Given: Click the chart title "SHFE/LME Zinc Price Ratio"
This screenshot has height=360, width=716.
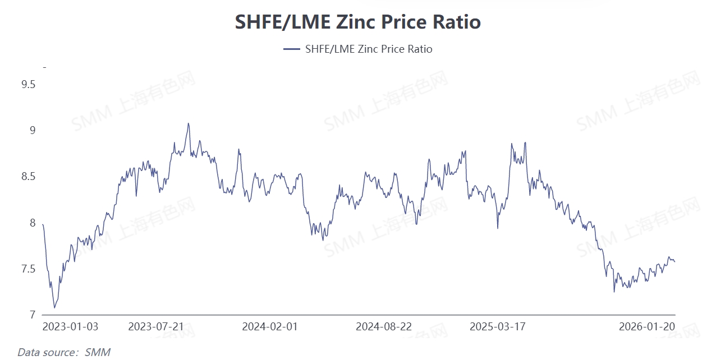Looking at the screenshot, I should click(x=357, y=22).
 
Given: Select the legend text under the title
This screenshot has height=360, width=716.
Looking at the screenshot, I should click(x=368, y=49).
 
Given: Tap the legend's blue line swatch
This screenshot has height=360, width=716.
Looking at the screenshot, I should click(x=292, y=49).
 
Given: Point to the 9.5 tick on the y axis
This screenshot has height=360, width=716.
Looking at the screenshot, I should click(x=28, y=85).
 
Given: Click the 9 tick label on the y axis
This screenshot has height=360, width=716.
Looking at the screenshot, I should click(x=32, y=131).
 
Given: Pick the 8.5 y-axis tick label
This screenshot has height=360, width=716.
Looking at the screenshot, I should click(x=28, y=177).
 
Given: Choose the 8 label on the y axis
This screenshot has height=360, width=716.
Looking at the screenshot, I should click(x=32, y=223).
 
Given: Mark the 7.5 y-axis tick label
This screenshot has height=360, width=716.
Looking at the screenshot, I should click(x=28, y=269).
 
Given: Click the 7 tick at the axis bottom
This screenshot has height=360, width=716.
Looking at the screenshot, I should click(x=32, y=315).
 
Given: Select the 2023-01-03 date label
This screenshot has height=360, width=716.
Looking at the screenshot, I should click(x=71, y=327).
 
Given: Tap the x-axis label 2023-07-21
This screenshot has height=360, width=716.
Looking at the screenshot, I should click(x=156, y=327).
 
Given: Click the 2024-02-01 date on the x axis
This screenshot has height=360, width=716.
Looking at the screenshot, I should click(x=270, y=327).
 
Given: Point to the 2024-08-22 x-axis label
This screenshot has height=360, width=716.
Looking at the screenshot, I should click(x=384, y=327).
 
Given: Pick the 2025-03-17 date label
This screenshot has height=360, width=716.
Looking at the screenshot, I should click(x=498, y=327).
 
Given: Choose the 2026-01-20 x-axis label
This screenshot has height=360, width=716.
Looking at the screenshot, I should click(x=646, y=327).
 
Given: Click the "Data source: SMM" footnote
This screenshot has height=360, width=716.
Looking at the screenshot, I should click(x=63, y=352).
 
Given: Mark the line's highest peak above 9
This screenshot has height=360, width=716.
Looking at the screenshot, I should click(x=188, y=123).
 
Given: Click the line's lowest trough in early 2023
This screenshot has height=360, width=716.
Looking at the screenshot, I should click(x=54, y=307).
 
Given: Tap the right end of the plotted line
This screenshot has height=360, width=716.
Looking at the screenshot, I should click(x=674, y=261).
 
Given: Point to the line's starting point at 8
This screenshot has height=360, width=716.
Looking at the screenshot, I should click(x=43, y=225).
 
